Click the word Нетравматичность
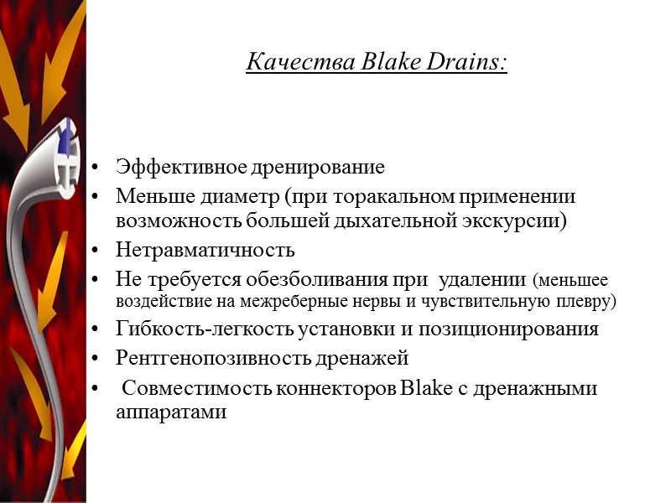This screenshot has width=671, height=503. tap(205, 250)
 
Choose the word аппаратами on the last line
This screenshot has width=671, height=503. tap(171, 412)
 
